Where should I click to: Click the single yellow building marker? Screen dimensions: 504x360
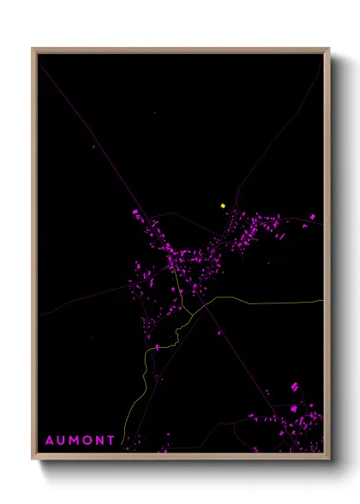(223, 206)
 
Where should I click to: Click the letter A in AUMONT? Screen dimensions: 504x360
(50, 441)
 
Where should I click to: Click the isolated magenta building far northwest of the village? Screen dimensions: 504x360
(93, 147)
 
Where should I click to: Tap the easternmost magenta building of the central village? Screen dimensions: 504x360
(312, 217)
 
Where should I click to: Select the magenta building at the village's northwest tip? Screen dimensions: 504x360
(135, 212)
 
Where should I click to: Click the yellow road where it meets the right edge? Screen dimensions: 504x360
(322, 301)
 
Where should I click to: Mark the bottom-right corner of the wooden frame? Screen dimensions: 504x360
(329, 458)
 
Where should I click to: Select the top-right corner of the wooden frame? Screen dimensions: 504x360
(329, 49)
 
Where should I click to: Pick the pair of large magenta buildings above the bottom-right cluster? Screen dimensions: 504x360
(295, 387)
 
